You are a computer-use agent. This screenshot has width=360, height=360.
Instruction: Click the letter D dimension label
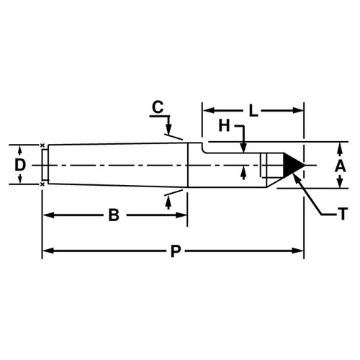tap(20, 165)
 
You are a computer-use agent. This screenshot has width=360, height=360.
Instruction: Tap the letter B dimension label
tap(114, 215)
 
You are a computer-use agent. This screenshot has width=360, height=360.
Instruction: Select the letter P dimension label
tap(176, 251)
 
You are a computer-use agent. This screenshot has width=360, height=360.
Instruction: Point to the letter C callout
tap(158, 107)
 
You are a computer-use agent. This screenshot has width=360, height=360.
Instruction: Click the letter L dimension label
tap(253, 111)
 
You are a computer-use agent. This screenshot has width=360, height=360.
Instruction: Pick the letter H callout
tap(224, 126)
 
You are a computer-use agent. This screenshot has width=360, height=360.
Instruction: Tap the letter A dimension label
tap(340, 166)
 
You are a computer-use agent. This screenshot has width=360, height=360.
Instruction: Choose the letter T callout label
tap(343, 214)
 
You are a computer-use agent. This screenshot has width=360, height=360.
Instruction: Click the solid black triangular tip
tap(292, 165)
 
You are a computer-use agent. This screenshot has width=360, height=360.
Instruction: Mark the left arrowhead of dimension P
tap(48, 251)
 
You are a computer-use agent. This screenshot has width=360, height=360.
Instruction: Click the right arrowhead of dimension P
tap(299, 251)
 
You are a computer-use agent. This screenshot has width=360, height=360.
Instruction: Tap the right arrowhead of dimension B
tap(181, 215)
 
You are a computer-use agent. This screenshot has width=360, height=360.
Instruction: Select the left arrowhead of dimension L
tap(208, 111)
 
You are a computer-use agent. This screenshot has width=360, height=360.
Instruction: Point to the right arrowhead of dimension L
tap(299, 111)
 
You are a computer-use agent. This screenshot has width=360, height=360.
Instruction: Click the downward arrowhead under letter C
tap(168, 130)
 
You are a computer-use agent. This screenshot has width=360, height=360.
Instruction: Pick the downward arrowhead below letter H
tap(243, 148)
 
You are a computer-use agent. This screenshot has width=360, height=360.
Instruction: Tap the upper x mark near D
tap(42, 145)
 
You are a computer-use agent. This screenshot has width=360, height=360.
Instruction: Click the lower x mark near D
tap(42, 184)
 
